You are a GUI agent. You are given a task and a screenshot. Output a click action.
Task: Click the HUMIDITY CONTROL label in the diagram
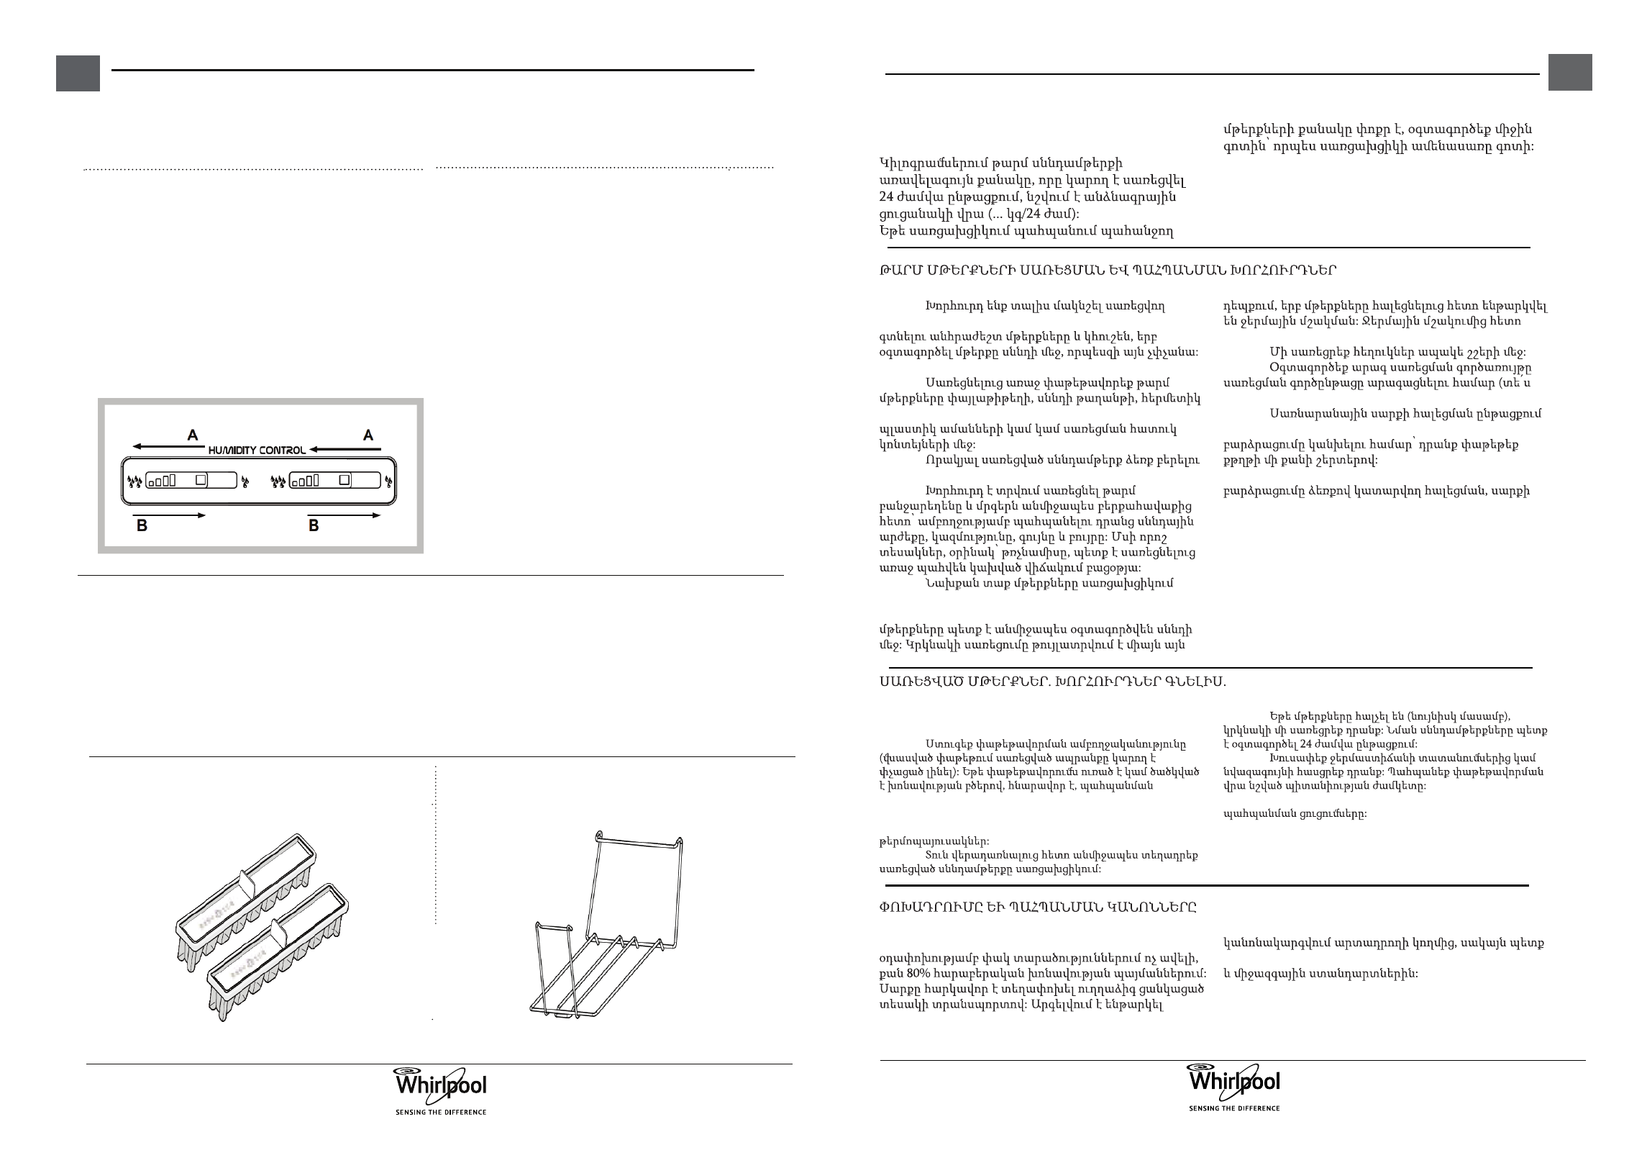(x=257, y=450)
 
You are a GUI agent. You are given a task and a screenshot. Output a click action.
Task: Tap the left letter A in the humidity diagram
(x=193, y=435)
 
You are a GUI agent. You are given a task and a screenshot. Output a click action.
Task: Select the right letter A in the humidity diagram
(x=368, y=435)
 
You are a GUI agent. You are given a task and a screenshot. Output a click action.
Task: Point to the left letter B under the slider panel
(x=142, y=526)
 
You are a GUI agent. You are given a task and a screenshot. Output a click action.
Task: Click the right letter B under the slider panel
(x=314, y=526)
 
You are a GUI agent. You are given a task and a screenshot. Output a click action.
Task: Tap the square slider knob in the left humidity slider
(x=202, y=479)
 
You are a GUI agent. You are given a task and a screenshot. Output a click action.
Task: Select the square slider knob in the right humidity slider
(x=345, y=479)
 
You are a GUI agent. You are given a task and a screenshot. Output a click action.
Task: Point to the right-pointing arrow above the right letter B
(x=344, y=515)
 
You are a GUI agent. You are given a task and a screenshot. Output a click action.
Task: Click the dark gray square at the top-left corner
(x=78, y=74)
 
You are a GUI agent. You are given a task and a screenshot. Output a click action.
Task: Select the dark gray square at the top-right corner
(x=1570, y=73)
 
